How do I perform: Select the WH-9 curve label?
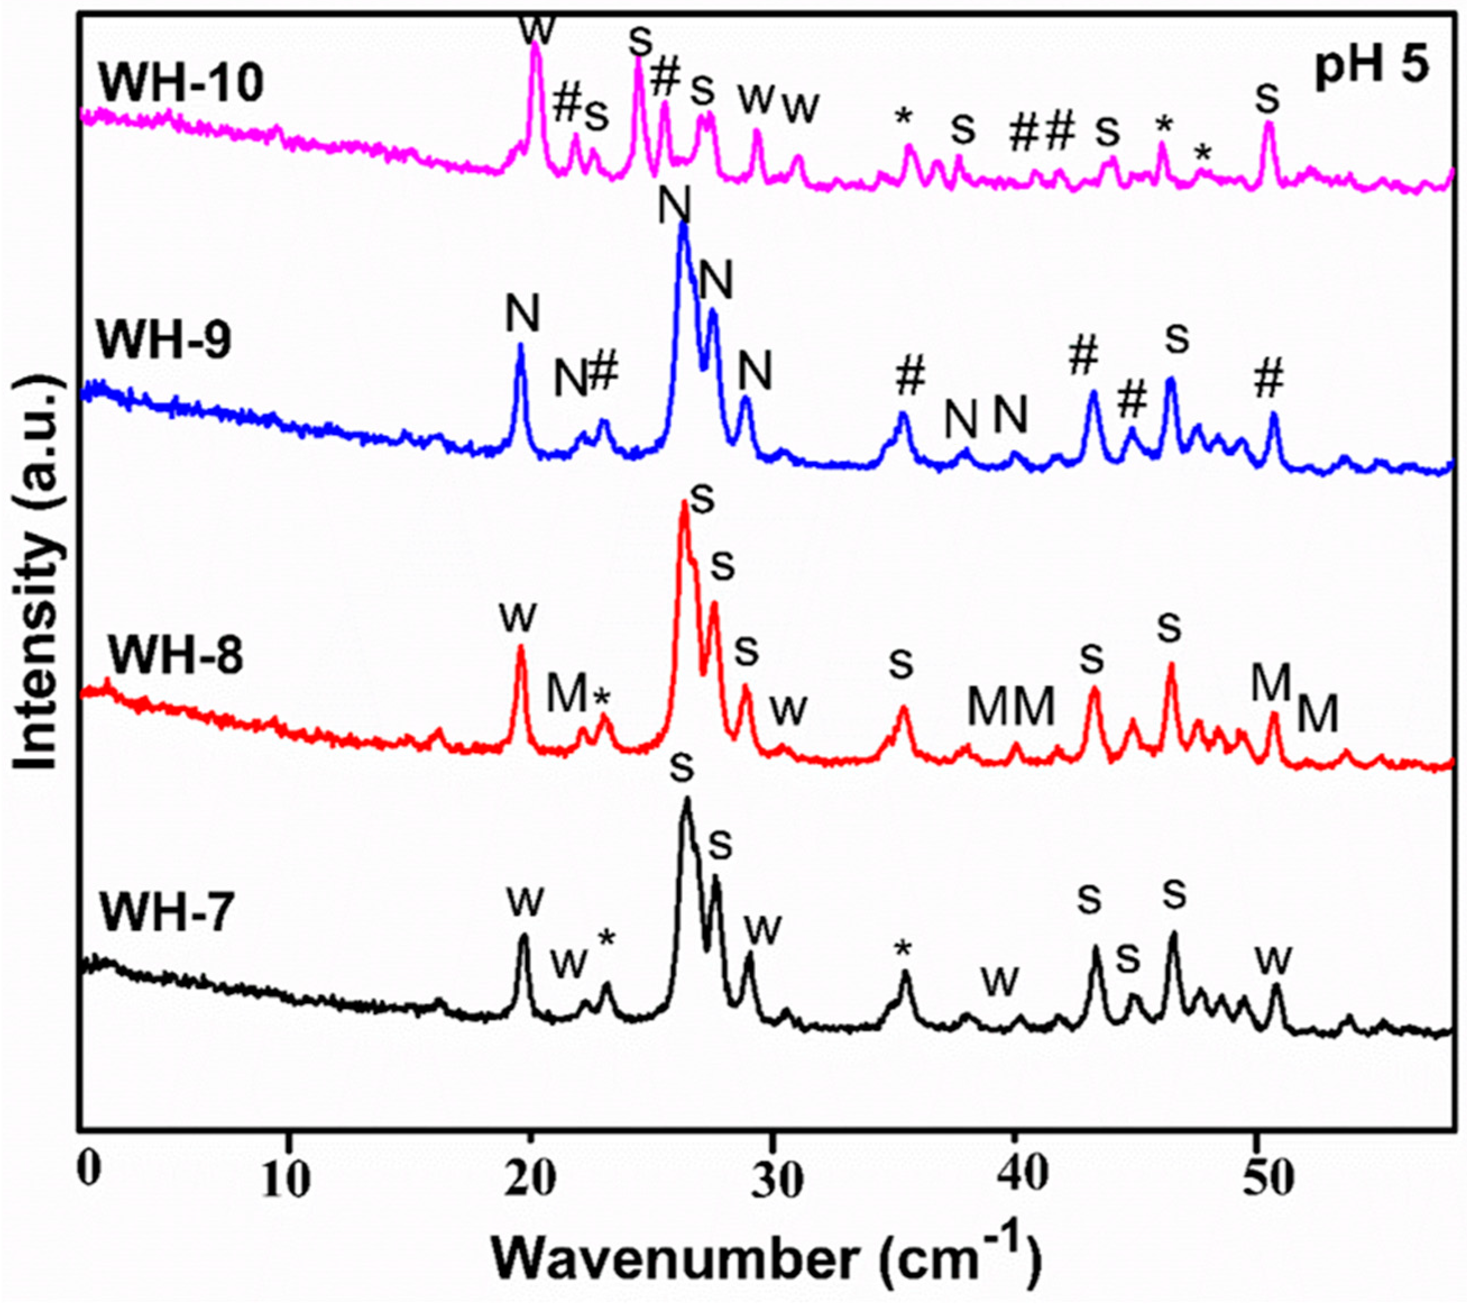(x=165, y=339)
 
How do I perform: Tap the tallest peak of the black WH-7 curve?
(x=686, y=799)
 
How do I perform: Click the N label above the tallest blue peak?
(x=675, y=205)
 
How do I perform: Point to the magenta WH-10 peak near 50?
(x=1269, y=123)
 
